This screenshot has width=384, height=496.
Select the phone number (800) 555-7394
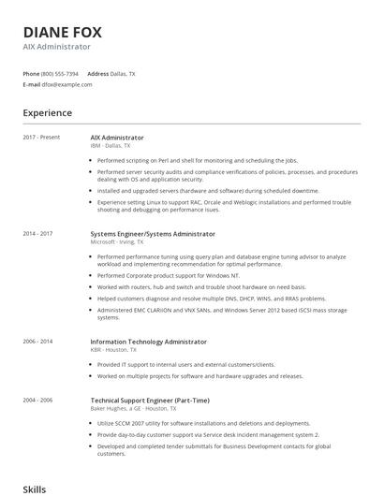tap(60, 73)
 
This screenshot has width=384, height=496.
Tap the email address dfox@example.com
tap(66, 84)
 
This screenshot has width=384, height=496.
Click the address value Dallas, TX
tap(124, 73)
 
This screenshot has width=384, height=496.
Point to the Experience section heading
tap(47, 113)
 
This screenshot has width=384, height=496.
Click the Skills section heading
tap(34, 489)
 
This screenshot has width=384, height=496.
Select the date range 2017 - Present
tap(41, 138)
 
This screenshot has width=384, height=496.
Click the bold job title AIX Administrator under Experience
tap(117, 138)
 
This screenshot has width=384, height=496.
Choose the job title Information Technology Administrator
tap(148, 342)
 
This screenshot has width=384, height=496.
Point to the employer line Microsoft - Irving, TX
tap(120, 241)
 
